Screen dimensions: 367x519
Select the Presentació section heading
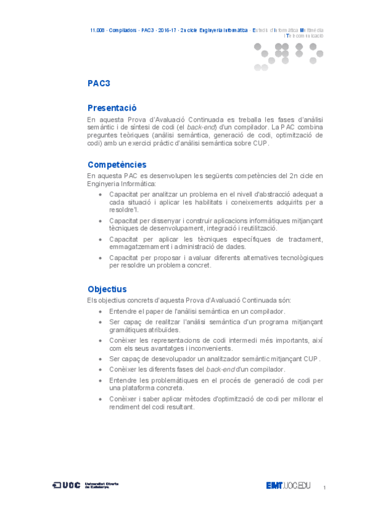coord(112,108)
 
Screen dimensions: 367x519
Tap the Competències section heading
coord(116,165)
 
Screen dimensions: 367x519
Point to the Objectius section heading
coord(107,289)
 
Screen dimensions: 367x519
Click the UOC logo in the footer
coord(67,485)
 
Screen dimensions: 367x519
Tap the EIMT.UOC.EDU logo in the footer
coord(289,486)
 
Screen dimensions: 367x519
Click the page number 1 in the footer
coord(323,487)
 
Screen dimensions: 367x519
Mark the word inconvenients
coord(206,348)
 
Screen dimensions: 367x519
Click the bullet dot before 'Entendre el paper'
coord(101,312)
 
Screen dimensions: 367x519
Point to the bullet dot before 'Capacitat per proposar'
coord(101,258)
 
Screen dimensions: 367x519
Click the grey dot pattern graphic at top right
coord(288,54)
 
